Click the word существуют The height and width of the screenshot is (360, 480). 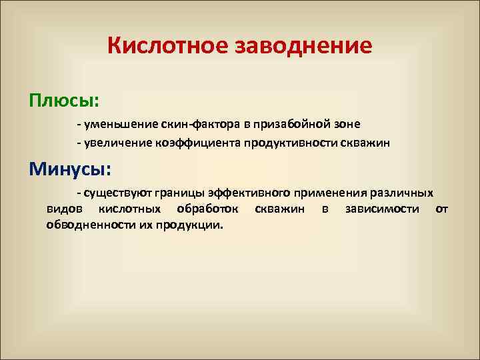click(116, 193)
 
